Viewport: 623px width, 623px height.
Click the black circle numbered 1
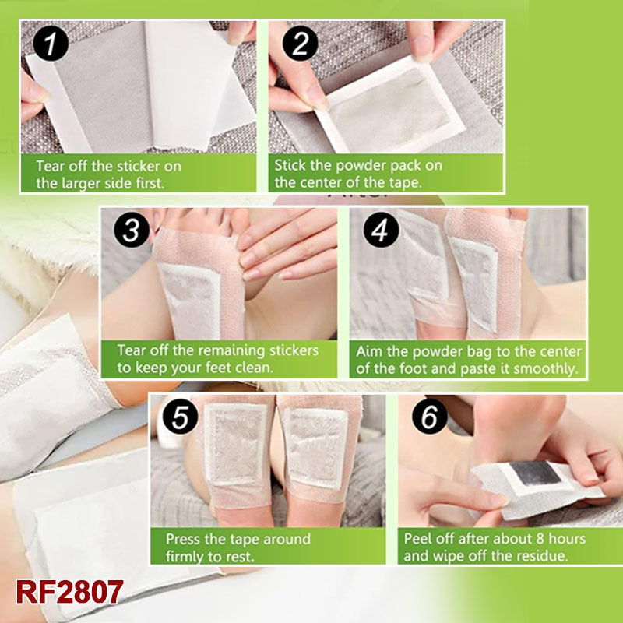[51, 44]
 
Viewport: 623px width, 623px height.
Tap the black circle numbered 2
[300, 44]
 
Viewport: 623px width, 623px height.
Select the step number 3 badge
[132, 230]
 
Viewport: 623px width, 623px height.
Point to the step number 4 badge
[381, 230]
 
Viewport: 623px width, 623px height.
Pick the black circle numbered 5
[181, 417]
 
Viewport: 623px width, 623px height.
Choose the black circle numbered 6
[430, 417]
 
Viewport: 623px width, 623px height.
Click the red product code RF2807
[69, 592]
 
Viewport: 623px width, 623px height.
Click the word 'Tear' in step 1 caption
[51, 166]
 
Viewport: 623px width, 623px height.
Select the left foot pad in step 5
[236, 444]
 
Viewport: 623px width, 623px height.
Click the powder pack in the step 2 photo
[391, 105]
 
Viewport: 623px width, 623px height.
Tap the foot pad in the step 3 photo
[190, 300]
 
